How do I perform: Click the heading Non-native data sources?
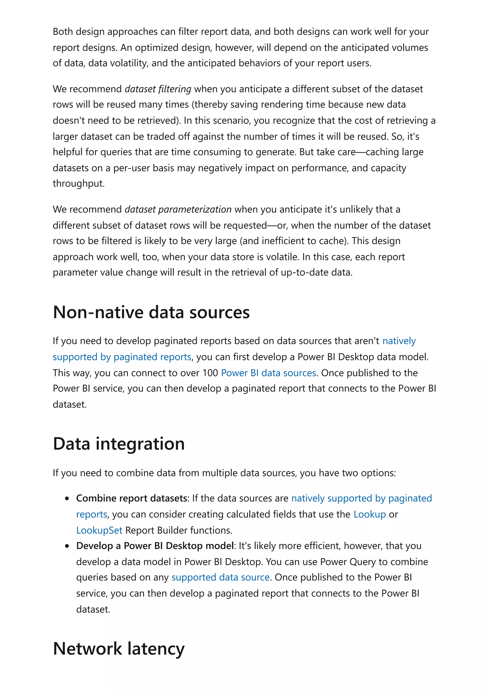point(151,312)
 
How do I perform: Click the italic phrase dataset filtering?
point(158,89)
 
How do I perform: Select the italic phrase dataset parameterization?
point(178,209)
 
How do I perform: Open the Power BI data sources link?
point(268,373)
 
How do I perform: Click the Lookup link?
point(370,514)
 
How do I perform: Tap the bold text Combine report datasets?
point(132,498)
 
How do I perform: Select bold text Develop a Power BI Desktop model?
point(155,546)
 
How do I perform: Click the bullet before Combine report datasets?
point(67,499)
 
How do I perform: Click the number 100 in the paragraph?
point(210,373)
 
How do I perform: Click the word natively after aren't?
point(399,341)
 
